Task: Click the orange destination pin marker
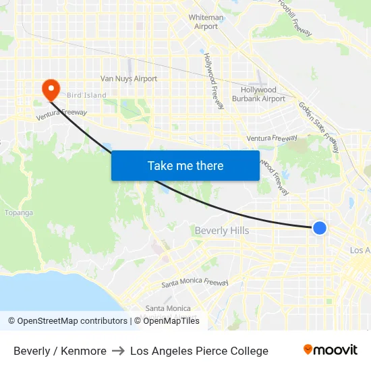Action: click(51, 89)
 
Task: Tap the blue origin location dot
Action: click(320, 228)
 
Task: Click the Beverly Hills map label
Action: click(221, 231)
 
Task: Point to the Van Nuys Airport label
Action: click(129, 79)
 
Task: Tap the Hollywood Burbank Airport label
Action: click(263, 94)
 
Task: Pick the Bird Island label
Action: click(86, 96)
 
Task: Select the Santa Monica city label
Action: click(168, 308)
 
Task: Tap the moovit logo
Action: click(330, 350)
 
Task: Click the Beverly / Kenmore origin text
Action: click(60, 351)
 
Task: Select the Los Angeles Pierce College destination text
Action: click(199, 351)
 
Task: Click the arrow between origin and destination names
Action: click(118, 351)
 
